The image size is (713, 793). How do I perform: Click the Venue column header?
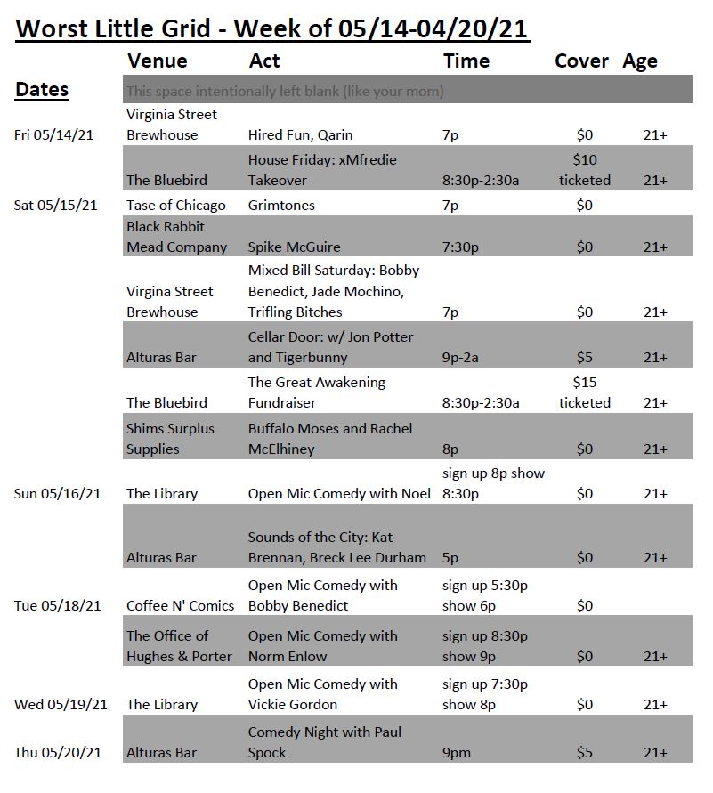(158, 61)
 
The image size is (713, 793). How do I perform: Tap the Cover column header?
(581, 61)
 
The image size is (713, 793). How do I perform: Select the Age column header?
(640, 61)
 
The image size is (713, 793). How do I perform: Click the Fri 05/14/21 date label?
(55, 135)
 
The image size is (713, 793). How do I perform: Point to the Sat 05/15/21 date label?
(56, 206)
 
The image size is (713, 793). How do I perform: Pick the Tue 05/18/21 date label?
(57, 606)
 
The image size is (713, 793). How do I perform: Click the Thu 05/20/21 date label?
(58, 753)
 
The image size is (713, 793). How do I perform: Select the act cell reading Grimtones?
(281, 206)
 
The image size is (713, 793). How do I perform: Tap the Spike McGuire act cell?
(294, 247)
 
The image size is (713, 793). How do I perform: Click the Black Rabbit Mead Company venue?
(176, 237)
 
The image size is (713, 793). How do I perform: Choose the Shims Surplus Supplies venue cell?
(170, 439)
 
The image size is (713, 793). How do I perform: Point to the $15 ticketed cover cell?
(584, 392)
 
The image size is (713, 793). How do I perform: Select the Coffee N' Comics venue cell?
(180, 606)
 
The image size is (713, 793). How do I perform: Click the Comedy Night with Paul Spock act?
(324, 742)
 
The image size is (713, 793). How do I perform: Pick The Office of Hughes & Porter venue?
(179, 646)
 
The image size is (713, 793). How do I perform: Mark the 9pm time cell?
(458, 753)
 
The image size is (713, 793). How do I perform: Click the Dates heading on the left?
(42, 90)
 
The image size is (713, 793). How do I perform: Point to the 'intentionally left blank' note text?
(285, 92)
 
